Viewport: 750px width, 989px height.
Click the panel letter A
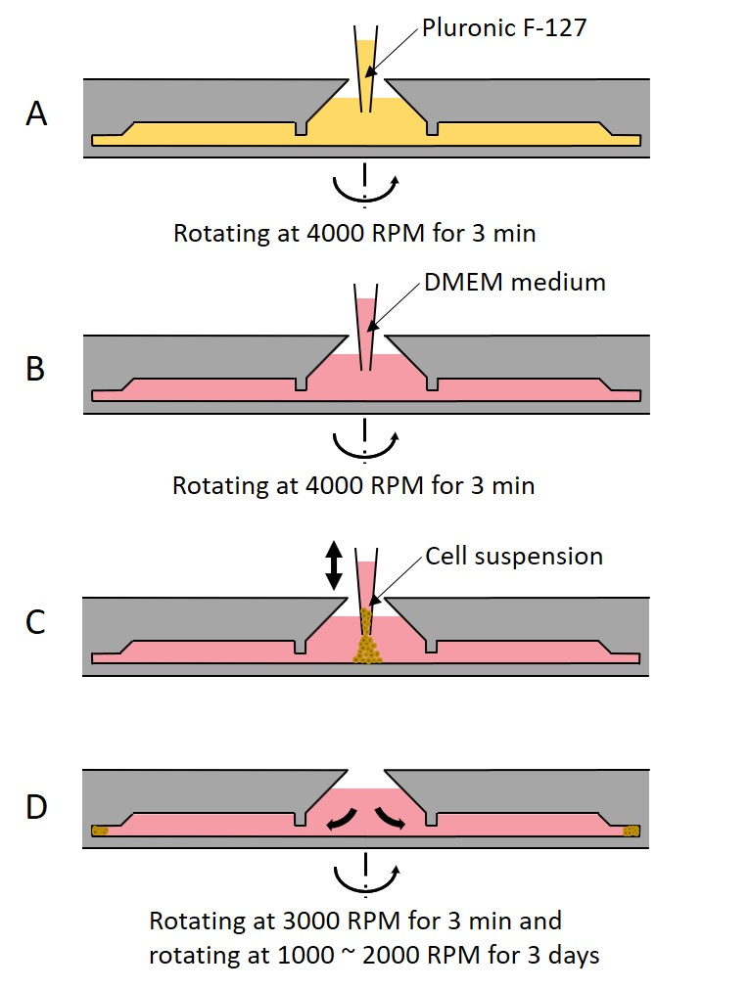(x=36, y=114)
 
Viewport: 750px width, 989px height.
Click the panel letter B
(x=35, y=371)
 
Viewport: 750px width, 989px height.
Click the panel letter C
(x=36, y=621)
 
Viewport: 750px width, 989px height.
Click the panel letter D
(x=36, y=810)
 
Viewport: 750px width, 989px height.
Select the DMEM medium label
(x=515, y=283)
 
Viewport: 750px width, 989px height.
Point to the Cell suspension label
(x=514, y=557)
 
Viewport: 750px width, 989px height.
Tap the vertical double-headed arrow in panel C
(x=333, y=565)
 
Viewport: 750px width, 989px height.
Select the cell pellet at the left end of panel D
(x=100, y=832)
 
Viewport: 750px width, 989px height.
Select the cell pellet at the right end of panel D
(x=633, y=832)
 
